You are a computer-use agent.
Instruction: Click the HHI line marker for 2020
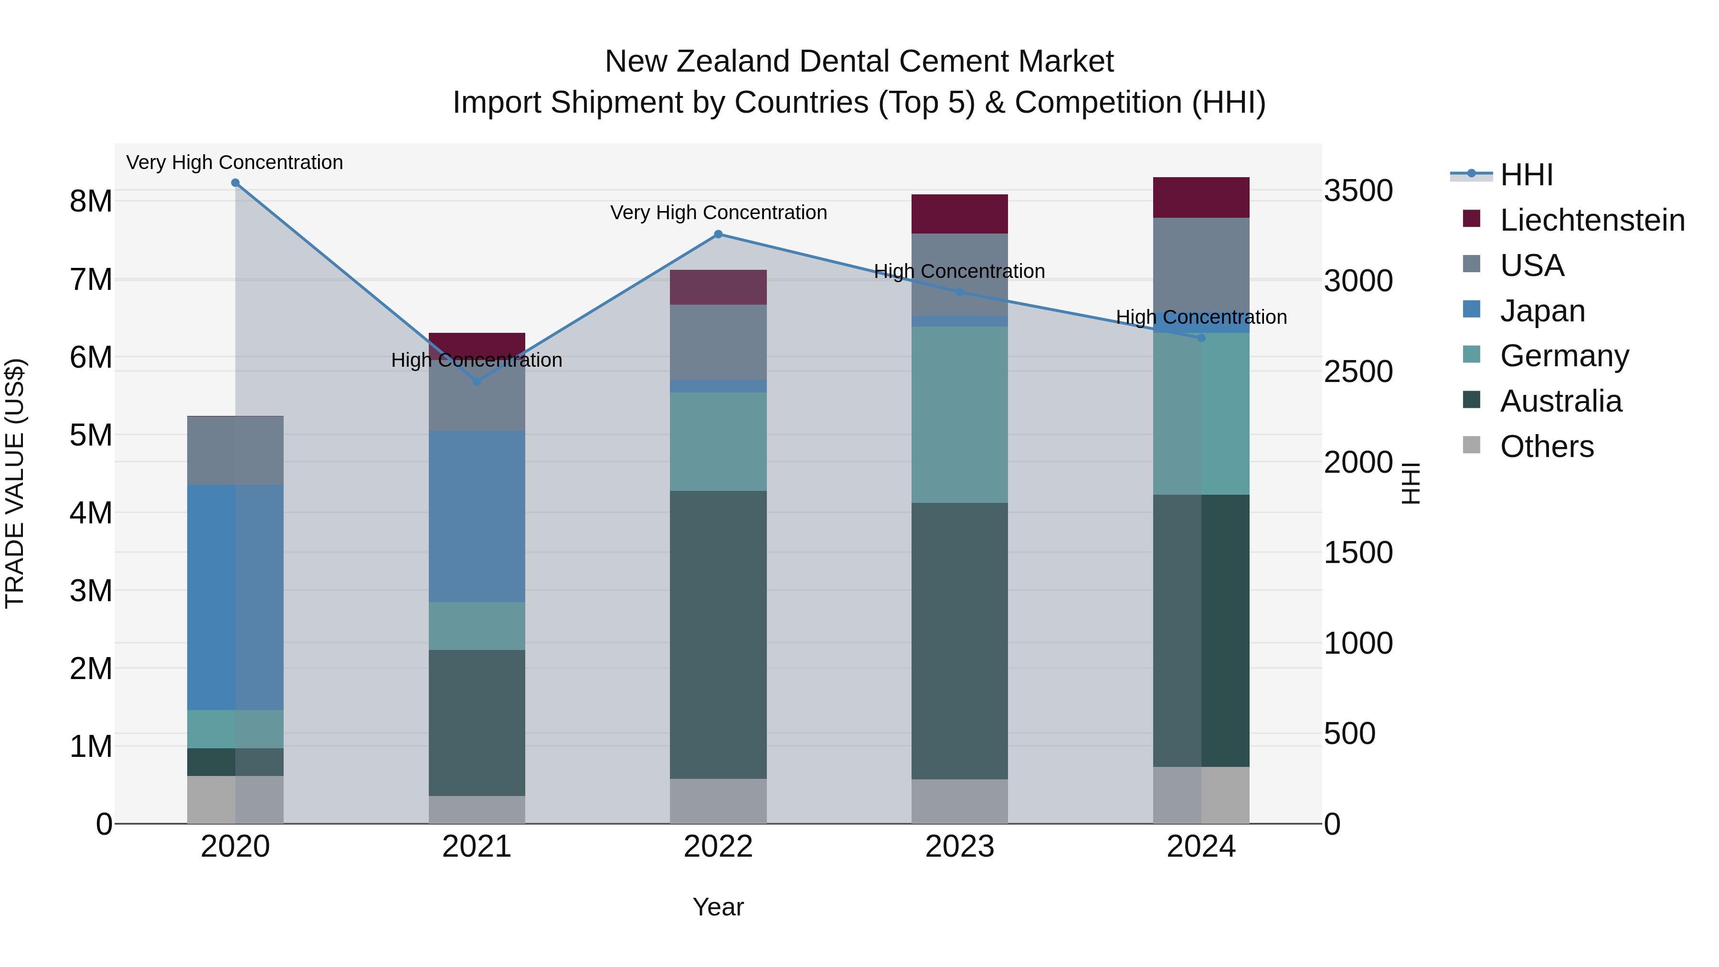pyautogui.click(x=235, y=183)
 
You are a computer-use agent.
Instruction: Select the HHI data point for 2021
pyautogui.click(x=477, y=381)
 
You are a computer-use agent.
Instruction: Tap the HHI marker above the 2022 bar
pyautogui.click(x=718, y=234)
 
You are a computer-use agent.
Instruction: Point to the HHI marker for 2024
pyautogui.click(x=1201, y=338)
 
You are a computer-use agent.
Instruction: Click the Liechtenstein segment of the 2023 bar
pyautogui.click(x=960, y=213)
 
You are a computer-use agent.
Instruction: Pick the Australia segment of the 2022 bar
pyautogui.click(x=718, y=634)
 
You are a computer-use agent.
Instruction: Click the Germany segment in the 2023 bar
pyautogui.click(x=960, y=414)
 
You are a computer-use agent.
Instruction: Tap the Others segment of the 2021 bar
pyautogui.click(x=477, y=809)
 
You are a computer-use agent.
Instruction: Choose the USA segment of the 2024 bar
pyautogui.click(x=1201, y=264)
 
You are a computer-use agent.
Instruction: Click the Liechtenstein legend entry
pyautogui.click(x=1592, y=220)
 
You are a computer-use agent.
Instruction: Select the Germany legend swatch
pyautogui.click(x=1472, y=355)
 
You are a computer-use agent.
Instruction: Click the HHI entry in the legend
pyautogui.click(x=1526, y=175)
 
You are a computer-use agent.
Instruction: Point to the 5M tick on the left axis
pyautogui.click(x=91, y=435)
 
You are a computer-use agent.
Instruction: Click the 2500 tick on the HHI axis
pyautogui.click(x=1358, y=372)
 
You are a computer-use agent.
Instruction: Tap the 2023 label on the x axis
pyautogui.click(x=960, y=847)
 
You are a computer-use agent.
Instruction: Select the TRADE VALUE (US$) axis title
pyautogui.click(x=15, y=483)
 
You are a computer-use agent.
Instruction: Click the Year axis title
pyautogui.click(x=718, y=907)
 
